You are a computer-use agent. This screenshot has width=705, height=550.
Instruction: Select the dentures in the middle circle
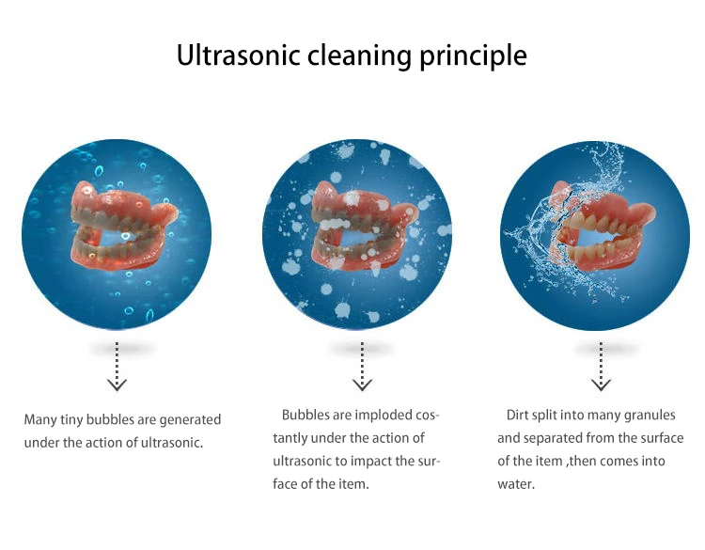[358, 231]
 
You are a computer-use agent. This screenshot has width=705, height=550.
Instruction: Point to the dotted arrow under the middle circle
[362, 366]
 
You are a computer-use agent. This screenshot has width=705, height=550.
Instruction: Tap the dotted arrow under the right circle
[602, 366]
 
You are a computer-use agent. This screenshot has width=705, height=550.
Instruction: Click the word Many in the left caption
[41, 419]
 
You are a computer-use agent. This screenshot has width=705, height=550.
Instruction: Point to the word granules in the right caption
[650, 415]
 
